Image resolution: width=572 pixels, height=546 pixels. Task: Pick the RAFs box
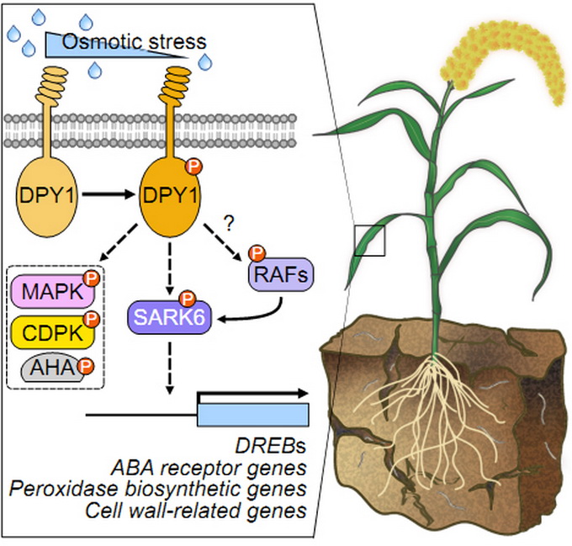click(x=269, y=274)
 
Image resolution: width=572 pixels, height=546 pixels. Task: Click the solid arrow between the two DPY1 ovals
click(x=104, y=195)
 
